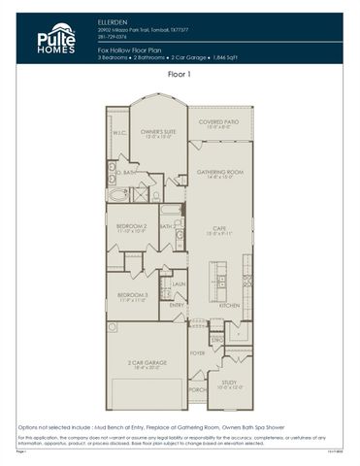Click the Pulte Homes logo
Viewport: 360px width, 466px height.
[x=56, y=38]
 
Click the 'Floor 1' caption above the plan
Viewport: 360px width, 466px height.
[x=180, y=73]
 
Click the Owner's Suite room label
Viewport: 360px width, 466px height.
[x=157, y=132]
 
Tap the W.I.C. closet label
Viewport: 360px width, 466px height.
[x=119, y=133]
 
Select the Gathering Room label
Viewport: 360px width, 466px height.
[x=219, y=173]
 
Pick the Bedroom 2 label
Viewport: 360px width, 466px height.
[x=132, y=226]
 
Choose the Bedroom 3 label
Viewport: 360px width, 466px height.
[x=132, y=296]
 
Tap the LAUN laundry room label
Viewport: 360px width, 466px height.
[x=179, y=284]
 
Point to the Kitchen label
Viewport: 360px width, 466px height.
[x=229, y=305]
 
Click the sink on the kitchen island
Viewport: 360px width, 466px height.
[x=222, y=283]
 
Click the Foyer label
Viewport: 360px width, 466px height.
[x=197, y=353]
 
